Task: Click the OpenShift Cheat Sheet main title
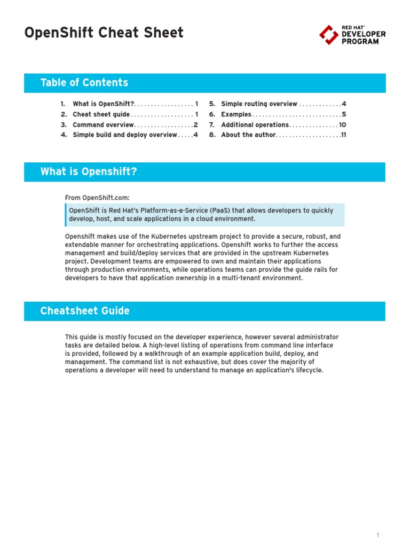104,33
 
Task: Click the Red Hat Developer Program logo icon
328,35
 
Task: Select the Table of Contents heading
84,83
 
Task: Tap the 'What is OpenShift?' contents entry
104,104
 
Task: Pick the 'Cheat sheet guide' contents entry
101,114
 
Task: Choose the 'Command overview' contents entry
103,125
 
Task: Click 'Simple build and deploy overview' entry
124,135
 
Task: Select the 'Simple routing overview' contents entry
259,104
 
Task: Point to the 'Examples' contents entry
235,114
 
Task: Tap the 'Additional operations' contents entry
255,125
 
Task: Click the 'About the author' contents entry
248,135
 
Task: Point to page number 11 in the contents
344,135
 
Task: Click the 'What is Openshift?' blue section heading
89,172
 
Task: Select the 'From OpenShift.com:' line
97,198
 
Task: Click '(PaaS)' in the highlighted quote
228,210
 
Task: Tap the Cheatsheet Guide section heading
85,311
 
